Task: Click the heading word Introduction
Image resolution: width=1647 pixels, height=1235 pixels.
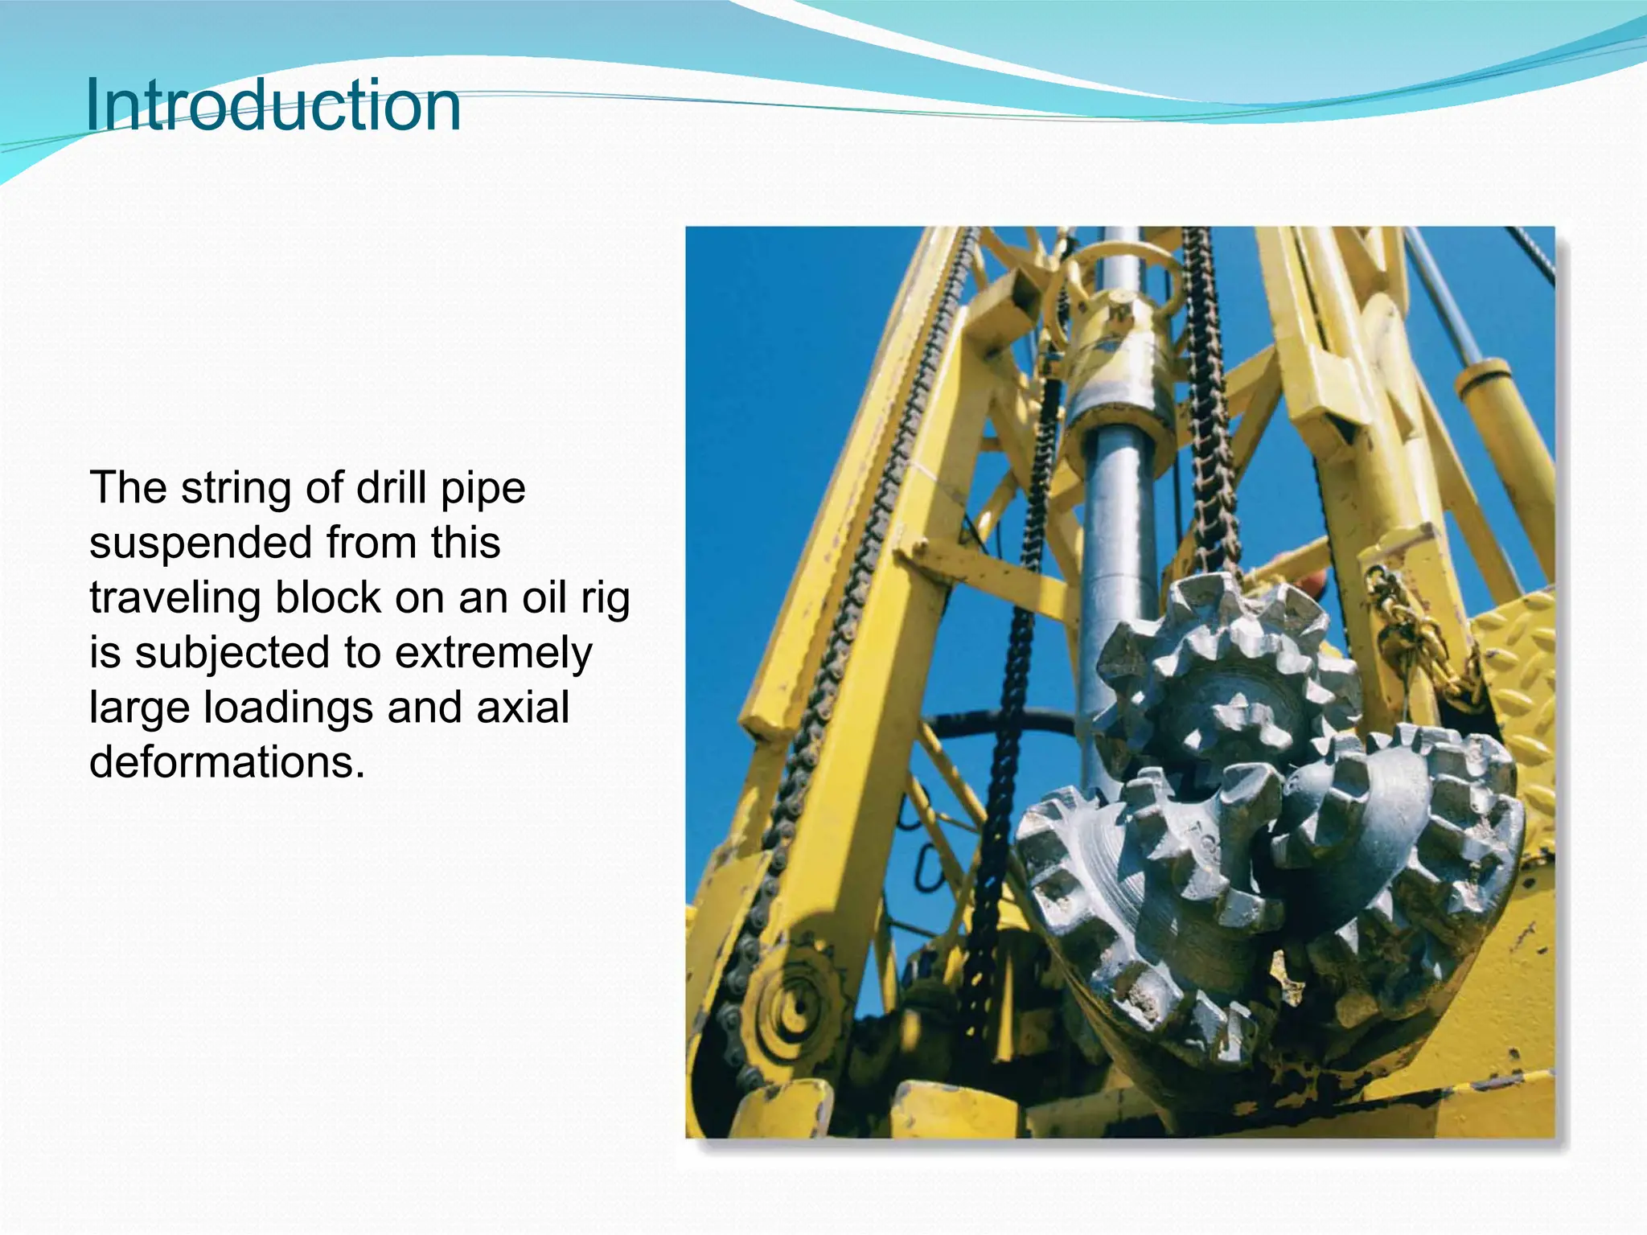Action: (273, 105)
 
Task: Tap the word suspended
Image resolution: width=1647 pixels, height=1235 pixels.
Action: (200, 543)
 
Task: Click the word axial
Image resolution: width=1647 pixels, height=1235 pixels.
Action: (523, 708)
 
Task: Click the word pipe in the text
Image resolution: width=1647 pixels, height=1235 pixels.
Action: (483, 488)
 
